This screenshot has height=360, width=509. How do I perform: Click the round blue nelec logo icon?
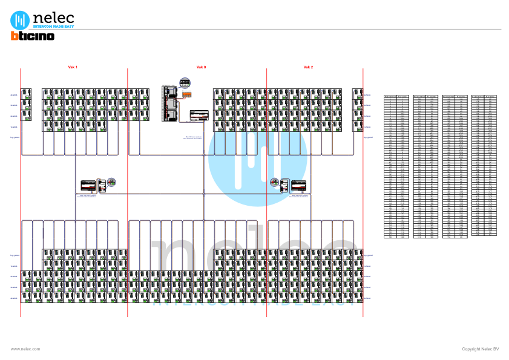(x=20, y=19)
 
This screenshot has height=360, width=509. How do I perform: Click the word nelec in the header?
(x=53, y=18)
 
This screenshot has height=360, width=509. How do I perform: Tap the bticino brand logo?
(x=33, y=36)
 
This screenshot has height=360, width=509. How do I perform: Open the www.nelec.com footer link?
(x=25, y=349)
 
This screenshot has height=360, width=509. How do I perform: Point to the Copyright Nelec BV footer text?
(x=480, y=349)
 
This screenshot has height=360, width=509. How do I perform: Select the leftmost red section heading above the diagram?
(x=73, y=67)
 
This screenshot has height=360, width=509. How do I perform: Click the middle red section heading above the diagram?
(x=201, y=67)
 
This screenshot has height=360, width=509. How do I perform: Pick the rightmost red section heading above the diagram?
(x=308, y=67)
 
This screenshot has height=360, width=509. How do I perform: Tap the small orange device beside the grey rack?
(x=188, y=94)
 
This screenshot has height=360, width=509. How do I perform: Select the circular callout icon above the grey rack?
(x=185, y=82)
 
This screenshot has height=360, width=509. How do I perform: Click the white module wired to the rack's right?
(x=198, y=115)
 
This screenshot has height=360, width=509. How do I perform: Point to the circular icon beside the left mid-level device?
(x=111, y=181)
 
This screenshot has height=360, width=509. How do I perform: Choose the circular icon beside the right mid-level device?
(x=274, y=181)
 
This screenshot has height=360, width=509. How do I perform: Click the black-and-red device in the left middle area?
(x=89, y=185)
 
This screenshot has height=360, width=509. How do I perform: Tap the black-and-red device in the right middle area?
(x=298, y=185)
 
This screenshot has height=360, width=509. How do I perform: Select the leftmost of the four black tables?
(x=396, y=166)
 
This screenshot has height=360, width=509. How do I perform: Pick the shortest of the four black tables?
(x=484, y=165)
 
